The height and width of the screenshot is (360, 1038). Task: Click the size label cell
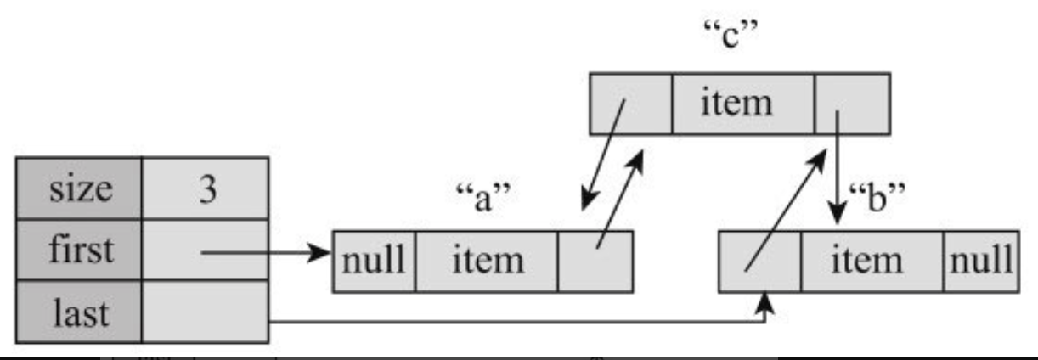point(79,188)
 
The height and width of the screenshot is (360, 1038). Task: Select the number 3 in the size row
point(207,189)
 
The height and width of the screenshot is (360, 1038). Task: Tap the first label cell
point(79,250)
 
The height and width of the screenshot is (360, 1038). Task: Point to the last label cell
point(79,312)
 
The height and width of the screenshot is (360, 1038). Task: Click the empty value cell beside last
point(206,312)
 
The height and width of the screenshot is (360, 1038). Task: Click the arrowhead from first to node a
point(319,253)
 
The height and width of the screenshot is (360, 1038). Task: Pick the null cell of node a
point(374,262)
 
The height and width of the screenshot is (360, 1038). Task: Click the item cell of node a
point(487,262)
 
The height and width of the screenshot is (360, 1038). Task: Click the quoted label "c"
point(731,34)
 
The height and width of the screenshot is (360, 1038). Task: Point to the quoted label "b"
point(877,198)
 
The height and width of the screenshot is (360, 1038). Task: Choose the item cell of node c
point(742,104)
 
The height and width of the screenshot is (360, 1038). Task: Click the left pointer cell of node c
point(630,104)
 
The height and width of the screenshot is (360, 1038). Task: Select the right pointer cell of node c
point(852,104)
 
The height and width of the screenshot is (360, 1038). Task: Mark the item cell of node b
point(872,262)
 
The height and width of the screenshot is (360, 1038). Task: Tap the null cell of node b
point(981,262)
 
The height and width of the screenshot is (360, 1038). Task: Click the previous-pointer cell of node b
point(759,262)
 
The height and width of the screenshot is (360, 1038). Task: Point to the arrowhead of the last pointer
point(764,302)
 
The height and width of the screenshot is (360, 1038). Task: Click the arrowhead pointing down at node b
point(837,214)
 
